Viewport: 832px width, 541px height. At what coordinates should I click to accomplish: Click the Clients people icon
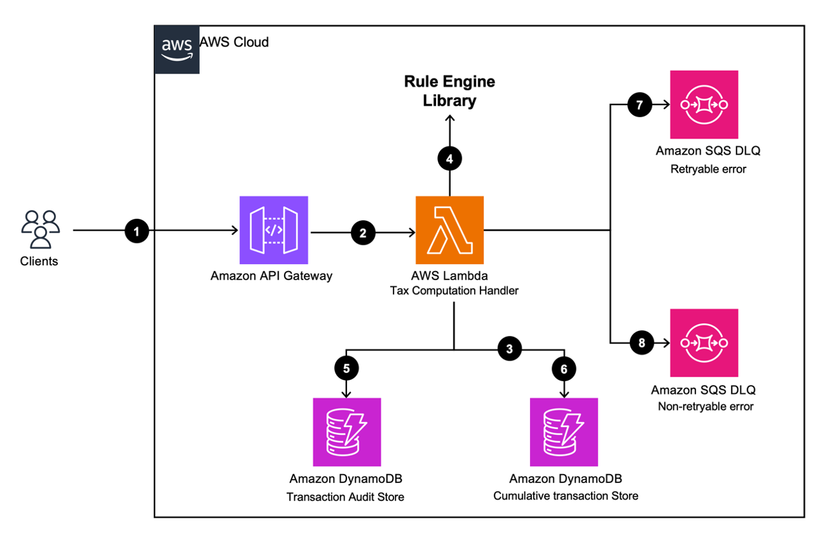click(40, 229)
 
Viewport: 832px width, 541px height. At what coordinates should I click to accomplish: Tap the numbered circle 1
click(137, 231)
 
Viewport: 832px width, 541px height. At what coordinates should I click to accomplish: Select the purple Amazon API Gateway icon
click(273, 231)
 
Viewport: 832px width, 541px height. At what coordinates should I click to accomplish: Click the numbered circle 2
click(363, 233)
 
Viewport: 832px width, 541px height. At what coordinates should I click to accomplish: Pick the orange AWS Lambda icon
click(449, 231)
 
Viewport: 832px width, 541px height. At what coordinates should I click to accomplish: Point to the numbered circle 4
click(449, 158)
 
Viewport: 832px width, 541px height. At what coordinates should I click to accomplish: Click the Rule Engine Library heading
click(449, 91)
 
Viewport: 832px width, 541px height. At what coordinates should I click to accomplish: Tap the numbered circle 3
click(509, 349)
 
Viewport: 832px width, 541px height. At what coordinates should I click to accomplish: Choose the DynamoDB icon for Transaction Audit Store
click(346, 432)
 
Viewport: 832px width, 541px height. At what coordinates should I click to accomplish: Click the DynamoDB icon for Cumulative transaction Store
click(564, 432)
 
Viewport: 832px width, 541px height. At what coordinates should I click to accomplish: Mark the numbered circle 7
click(639, 105)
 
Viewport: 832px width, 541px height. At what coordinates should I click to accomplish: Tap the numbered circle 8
click(641, 343)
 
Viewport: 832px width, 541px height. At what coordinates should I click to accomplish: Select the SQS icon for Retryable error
click(704, 104)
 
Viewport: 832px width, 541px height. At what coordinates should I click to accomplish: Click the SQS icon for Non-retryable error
click(704, 343)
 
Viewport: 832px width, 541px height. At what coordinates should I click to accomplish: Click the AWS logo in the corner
click(177, 48)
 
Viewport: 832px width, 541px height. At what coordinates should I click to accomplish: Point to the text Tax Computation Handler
click(454, 290)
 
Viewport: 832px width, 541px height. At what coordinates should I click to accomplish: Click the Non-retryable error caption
click(705, 406)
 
